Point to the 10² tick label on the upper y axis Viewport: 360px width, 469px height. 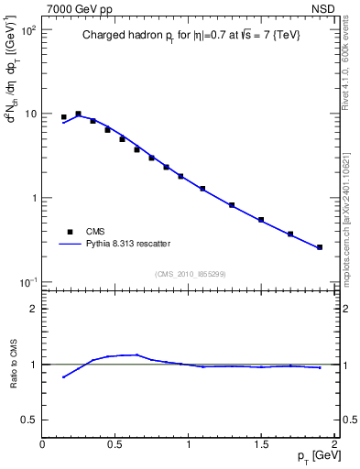click(x=27, y=30)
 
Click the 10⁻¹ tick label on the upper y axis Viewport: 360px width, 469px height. click(x=27, y=282)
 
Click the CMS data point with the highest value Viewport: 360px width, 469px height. click(x=79, y=114)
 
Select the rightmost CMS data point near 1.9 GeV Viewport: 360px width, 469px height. click(x=320, y=247)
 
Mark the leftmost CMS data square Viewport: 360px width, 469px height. click(x=64, y=117)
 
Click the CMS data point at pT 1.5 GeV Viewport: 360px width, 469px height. click(x=261, y=220)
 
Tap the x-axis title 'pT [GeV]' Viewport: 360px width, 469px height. click(x=311, y=457)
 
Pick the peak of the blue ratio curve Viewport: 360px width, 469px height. click(x=136, y=354)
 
